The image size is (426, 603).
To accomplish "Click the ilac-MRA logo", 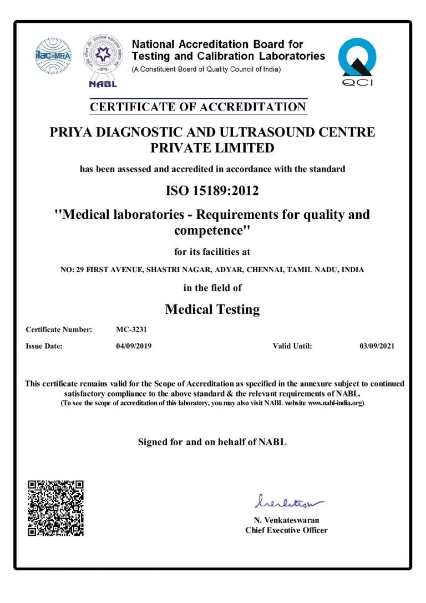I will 54,57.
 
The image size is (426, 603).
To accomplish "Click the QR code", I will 55,508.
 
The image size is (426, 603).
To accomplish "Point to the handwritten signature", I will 286,502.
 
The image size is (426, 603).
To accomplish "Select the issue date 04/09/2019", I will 130,346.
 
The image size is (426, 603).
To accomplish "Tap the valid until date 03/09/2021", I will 377,346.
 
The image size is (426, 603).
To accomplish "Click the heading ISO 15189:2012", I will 212,191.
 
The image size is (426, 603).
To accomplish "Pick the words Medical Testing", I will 212,309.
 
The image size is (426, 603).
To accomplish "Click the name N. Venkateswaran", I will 286,520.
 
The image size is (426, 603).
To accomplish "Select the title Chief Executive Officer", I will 286,530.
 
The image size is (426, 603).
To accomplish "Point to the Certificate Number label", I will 59,329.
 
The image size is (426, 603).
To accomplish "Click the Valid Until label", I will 292,346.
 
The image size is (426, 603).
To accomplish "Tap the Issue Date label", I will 44,346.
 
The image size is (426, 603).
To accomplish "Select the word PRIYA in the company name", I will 71,132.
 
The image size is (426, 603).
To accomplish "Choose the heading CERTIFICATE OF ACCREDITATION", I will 199,107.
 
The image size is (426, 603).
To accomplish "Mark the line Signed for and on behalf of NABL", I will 212,442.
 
